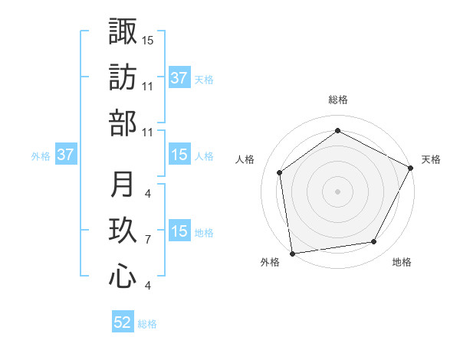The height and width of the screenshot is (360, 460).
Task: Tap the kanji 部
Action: coord(123,123)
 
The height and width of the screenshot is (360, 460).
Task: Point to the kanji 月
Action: coord(123,185)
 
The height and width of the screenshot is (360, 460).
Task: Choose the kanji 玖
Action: coord(123,231)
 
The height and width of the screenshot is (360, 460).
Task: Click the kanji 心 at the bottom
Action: coord(123,277)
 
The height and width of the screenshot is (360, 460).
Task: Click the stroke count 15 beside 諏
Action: coord(147,39)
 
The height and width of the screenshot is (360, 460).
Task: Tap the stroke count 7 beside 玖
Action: coord(147,240)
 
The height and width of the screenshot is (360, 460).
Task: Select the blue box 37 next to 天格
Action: coord(179,78)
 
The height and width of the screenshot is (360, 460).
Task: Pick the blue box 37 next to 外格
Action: coord(66,155)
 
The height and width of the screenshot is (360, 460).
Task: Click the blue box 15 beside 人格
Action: coord(179,155)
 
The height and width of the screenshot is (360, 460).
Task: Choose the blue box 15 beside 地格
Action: coord(179,231)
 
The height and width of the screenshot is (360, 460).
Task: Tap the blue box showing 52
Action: coord(123,322)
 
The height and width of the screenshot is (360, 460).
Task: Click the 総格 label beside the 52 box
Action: coord(147,324)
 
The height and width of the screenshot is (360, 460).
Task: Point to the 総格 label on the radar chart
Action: coord(338,100)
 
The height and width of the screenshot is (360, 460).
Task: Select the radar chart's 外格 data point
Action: coord(292,253)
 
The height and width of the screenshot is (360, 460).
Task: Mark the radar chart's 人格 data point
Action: coord(280,172)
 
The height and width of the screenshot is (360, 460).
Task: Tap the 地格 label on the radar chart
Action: coord(402,262)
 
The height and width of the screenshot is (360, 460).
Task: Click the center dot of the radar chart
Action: coord(338,191)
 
